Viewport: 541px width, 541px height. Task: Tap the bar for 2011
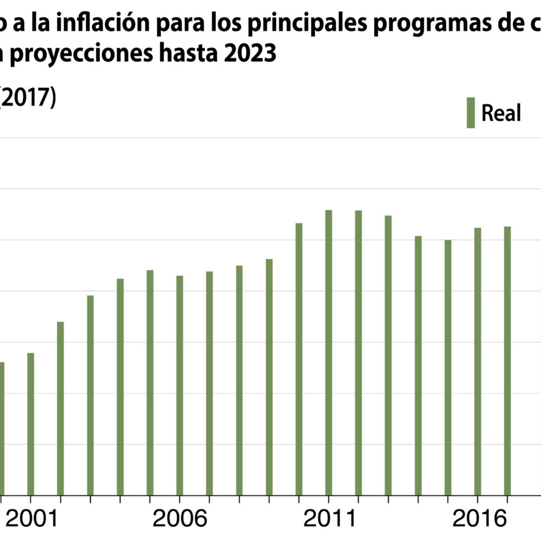coord(328,352)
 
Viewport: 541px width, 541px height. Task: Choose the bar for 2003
coord(90,395)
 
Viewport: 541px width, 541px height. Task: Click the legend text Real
coord(501,113)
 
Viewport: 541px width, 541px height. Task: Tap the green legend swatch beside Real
coord(471,113)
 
